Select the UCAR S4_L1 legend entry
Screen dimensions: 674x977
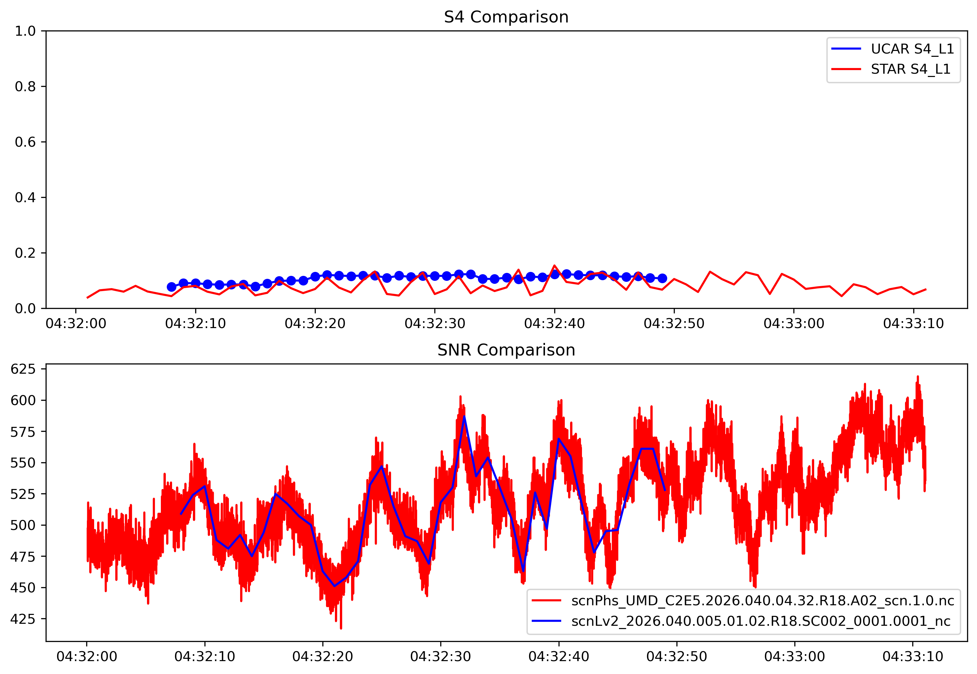click(x=912, y=49)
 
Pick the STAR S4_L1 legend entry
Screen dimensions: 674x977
click(x=910, y=69)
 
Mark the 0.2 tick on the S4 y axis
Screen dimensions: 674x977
click(x=25, y=253)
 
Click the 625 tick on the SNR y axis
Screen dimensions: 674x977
click(x=23, y=369)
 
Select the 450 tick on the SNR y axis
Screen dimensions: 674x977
click(x=23, y=588)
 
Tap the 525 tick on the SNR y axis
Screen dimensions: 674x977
click(x=23, y=494)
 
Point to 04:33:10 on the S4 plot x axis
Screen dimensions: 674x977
click(x=913, y=324)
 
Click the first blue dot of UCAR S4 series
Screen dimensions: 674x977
click(x=171, y=287)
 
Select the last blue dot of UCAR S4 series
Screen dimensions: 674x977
click(x=662, y=278)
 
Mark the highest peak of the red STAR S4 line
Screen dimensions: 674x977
click(x=554, y=266)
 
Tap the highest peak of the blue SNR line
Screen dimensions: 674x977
click(x=464, y=416)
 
